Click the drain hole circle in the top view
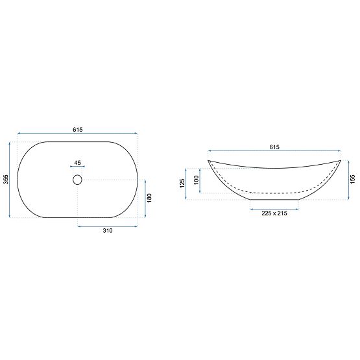78,179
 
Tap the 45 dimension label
78,162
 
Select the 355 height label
5,180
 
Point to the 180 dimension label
149,198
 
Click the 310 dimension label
108,233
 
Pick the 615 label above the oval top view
78,130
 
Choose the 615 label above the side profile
274,147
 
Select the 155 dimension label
352,180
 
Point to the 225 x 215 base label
274,214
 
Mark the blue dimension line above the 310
108,226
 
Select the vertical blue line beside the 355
11,180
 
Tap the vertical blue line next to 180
143,198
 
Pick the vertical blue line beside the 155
346,180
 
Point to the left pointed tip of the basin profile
208,160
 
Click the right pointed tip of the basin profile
341,160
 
